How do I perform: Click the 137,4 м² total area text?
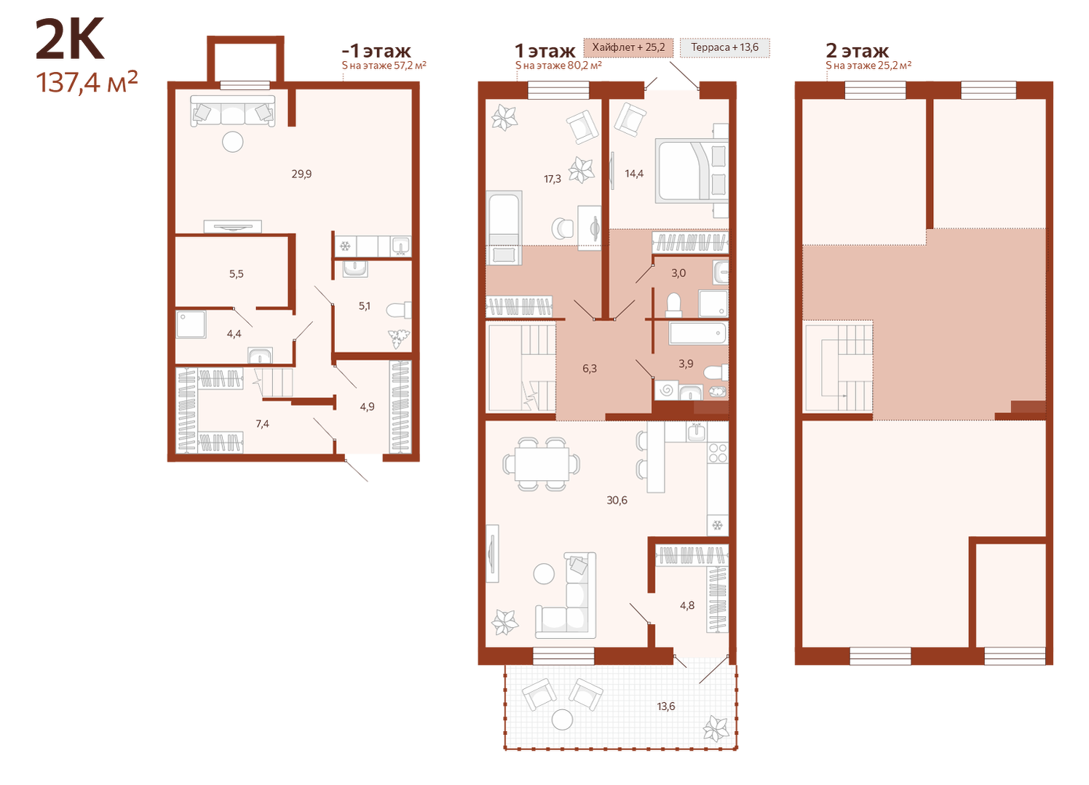[x=87, y=81]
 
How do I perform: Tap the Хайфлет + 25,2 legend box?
[x=628, y=47]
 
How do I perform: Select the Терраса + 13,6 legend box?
[x=724, y=47]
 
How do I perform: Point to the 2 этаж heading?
[x=857, y=50]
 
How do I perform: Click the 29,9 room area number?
[x=301, y=174]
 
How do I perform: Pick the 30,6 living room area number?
[x=617, y=500]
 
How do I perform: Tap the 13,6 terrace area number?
[x=666, y=706]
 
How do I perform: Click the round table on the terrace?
[x=563, y=719]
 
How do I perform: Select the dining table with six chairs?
[x=541, y=464]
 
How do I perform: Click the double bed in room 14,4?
[x=692, y=171]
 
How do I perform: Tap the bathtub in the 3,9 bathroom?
[x=697, y=333]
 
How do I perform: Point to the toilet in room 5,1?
[x=399, y=311]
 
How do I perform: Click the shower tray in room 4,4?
[x=191, y=324]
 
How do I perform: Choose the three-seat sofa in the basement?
[x=233, y=111]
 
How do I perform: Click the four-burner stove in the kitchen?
[x=718, y=453]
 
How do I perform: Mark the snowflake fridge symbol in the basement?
[x=345, y=247]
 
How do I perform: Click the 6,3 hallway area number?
[x=589, y=369]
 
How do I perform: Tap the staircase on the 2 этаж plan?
[x=839, y=367]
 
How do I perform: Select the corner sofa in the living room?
[x=566, y=595]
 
